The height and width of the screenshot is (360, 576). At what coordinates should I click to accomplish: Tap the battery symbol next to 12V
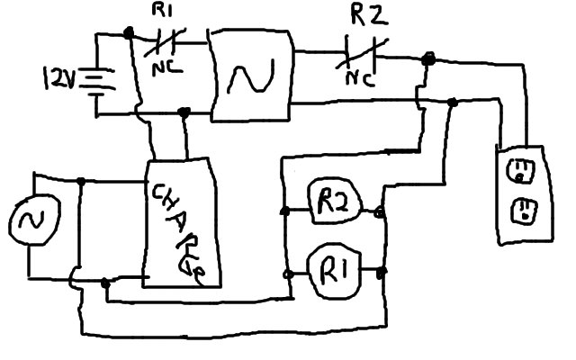(91, 84)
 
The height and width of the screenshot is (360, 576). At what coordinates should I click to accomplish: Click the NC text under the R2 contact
(361, 76)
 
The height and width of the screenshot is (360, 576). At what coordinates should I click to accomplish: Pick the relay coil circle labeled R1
(334, 270)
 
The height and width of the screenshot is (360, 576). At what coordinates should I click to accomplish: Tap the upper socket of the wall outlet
(520, 171)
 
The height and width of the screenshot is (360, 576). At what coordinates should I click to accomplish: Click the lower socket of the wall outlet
(520, 211)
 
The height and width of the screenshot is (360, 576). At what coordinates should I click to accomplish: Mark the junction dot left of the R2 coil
(285, 212)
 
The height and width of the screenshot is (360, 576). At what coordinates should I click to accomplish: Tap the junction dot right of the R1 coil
(382, 271)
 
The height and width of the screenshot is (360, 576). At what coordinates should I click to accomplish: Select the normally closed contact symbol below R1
(163, 41)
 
